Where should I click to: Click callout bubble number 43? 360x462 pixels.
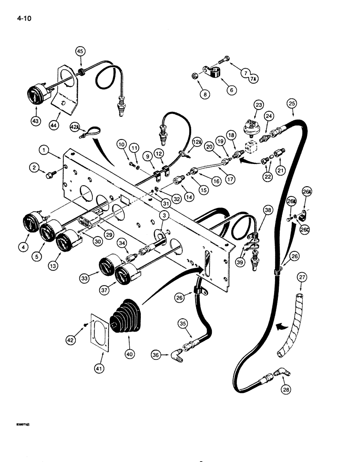(x=35, y=121)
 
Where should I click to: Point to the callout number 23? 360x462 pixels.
(x=258, y=105)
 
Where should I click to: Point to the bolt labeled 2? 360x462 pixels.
(x=48, y=175)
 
